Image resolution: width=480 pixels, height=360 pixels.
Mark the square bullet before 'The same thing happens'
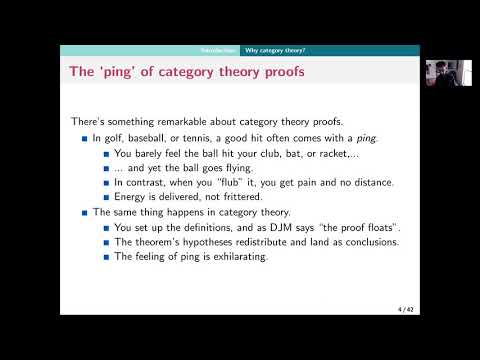85,213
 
